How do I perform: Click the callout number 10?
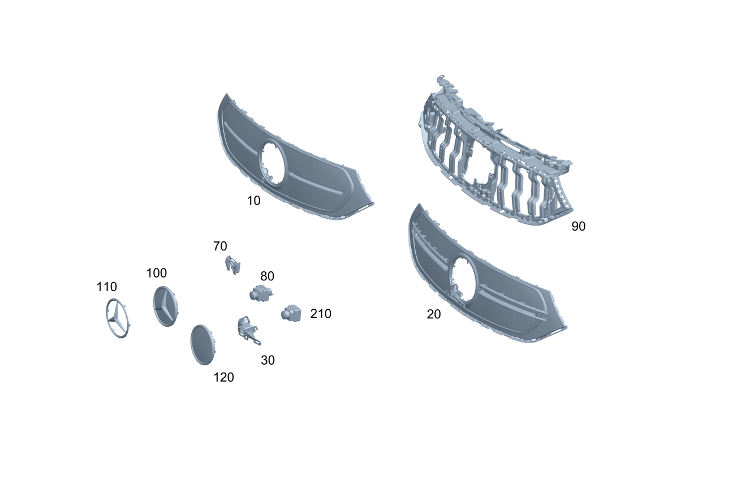253,201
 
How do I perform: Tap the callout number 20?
434,314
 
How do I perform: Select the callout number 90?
578,227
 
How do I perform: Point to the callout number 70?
220,246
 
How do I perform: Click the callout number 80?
267,276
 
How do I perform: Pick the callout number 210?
321,314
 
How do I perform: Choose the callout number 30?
268,361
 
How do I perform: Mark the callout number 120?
223,378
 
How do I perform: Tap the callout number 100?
156,273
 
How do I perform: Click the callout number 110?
106,287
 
